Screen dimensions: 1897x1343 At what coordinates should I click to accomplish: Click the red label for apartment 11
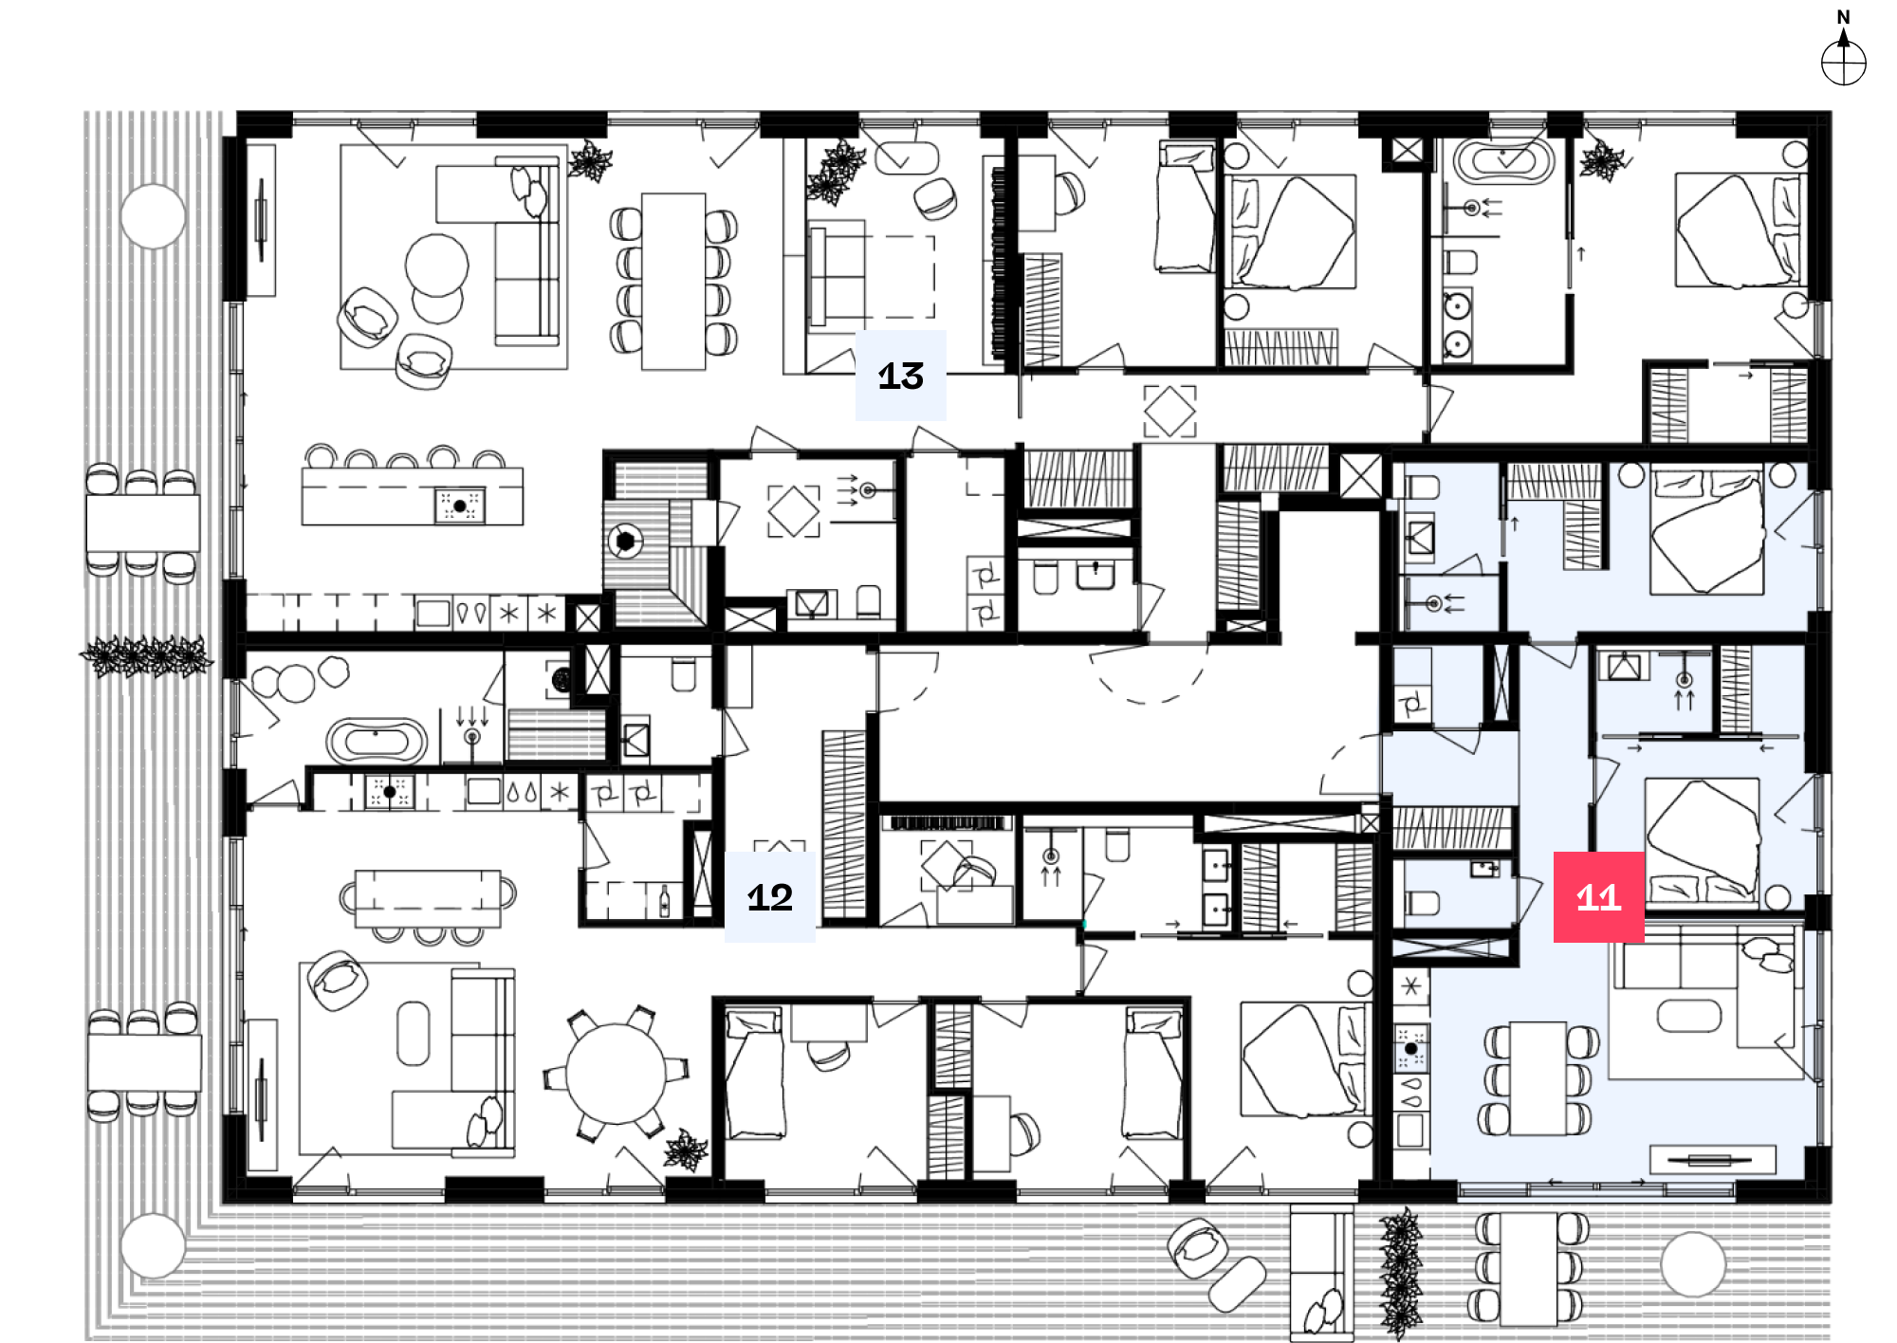[x=1598, y=896]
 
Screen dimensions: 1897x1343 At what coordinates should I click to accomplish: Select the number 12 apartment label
[x=769, y=896]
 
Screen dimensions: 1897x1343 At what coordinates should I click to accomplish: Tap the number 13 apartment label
[x=900, y=376]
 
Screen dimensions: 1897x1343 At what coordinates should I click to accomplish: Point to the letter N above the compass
[x=1843, y=17]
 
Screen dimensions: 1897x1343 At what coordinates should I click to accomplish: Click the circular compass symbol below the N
[x=1843, y=64]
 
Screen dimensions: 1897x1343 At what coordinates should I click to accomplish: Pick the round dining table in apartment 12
[x=617, y=1074]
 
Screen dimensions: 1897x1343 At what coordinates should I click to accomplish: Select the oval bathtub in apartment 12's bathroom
[x=377, y=740]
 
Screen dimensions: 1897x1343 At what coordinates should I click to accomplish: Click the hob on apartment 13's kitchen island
[x=460, y=506]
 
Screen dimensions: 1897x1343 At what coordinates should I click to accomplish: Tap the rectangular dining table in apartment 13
[x=673, y=281]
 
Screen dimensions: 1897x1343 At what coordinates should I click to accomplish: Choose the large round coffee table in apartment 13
[x=436, y=265]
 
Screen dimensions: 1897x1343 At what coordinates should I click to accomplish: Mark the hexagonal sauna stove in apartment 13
[x=625, y=542]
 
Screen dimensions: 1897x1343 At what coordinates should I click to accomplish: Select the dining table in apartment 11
[x=1538, y=1078]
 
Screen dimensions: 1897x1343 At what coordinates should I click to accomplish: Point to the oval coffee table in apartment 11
[x=1688, y=1016]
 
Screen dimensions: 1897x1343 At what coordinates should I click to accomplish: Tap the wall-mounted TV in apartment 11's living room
[x=1712, y=1159]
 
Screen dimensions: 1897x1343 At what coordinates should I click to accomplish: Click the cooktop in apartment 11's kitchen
[x=1410, y=1048]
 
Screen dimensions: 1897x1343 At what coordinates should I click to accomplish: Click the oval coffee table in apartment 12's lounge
[x=413, y=1033]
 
